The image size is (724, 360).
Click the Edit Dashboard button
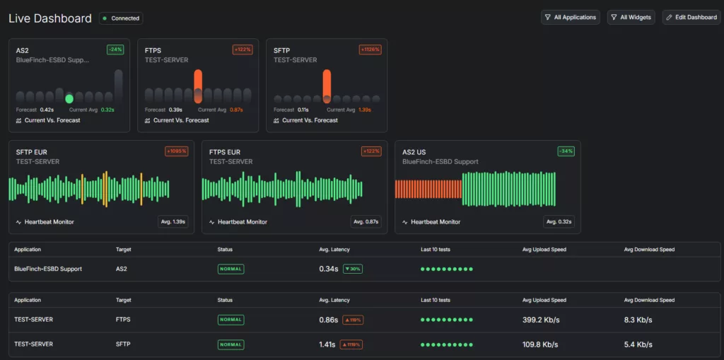point(691,17)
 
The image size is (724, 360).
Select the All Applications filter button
point(570,17)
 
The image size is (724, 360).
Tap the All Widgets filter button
point(631,17)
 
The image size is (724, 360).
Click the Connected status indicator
point(121,18)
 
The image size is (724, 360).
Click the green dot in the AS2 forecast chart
point(69,98)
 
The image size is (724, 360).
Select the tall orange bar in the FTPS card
point(198,86)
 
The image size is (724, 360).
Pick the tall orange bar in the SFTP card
point(327,86)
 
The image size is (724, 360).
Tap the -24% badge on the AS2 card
point(115,50)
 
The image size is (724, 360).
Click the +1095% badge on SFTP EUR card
point(176,151)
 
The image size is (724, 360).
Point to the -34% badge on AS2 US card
point(565,151)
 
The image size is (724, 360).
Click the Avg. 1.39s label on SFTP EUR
point(173,222)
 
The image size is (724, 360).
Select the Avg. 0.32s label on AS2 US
point(559,222)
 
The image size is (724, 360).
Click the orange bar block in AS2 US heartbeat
point(428,190)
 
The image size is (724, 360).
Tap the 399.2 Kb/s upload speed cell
point(541,320)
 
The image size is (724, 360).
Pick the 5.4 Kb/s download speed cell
point(638,344)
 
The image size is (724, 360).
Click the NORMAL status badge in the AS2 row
point(230,269)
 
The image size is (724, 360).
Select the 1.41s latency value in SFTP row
point(328,344)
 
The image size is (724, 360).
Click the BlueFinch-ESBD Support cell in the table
point(48,269)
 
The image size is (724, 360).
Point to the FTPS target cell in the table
point(123,320)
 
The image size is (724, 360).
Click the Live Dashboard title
point(49,18)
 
